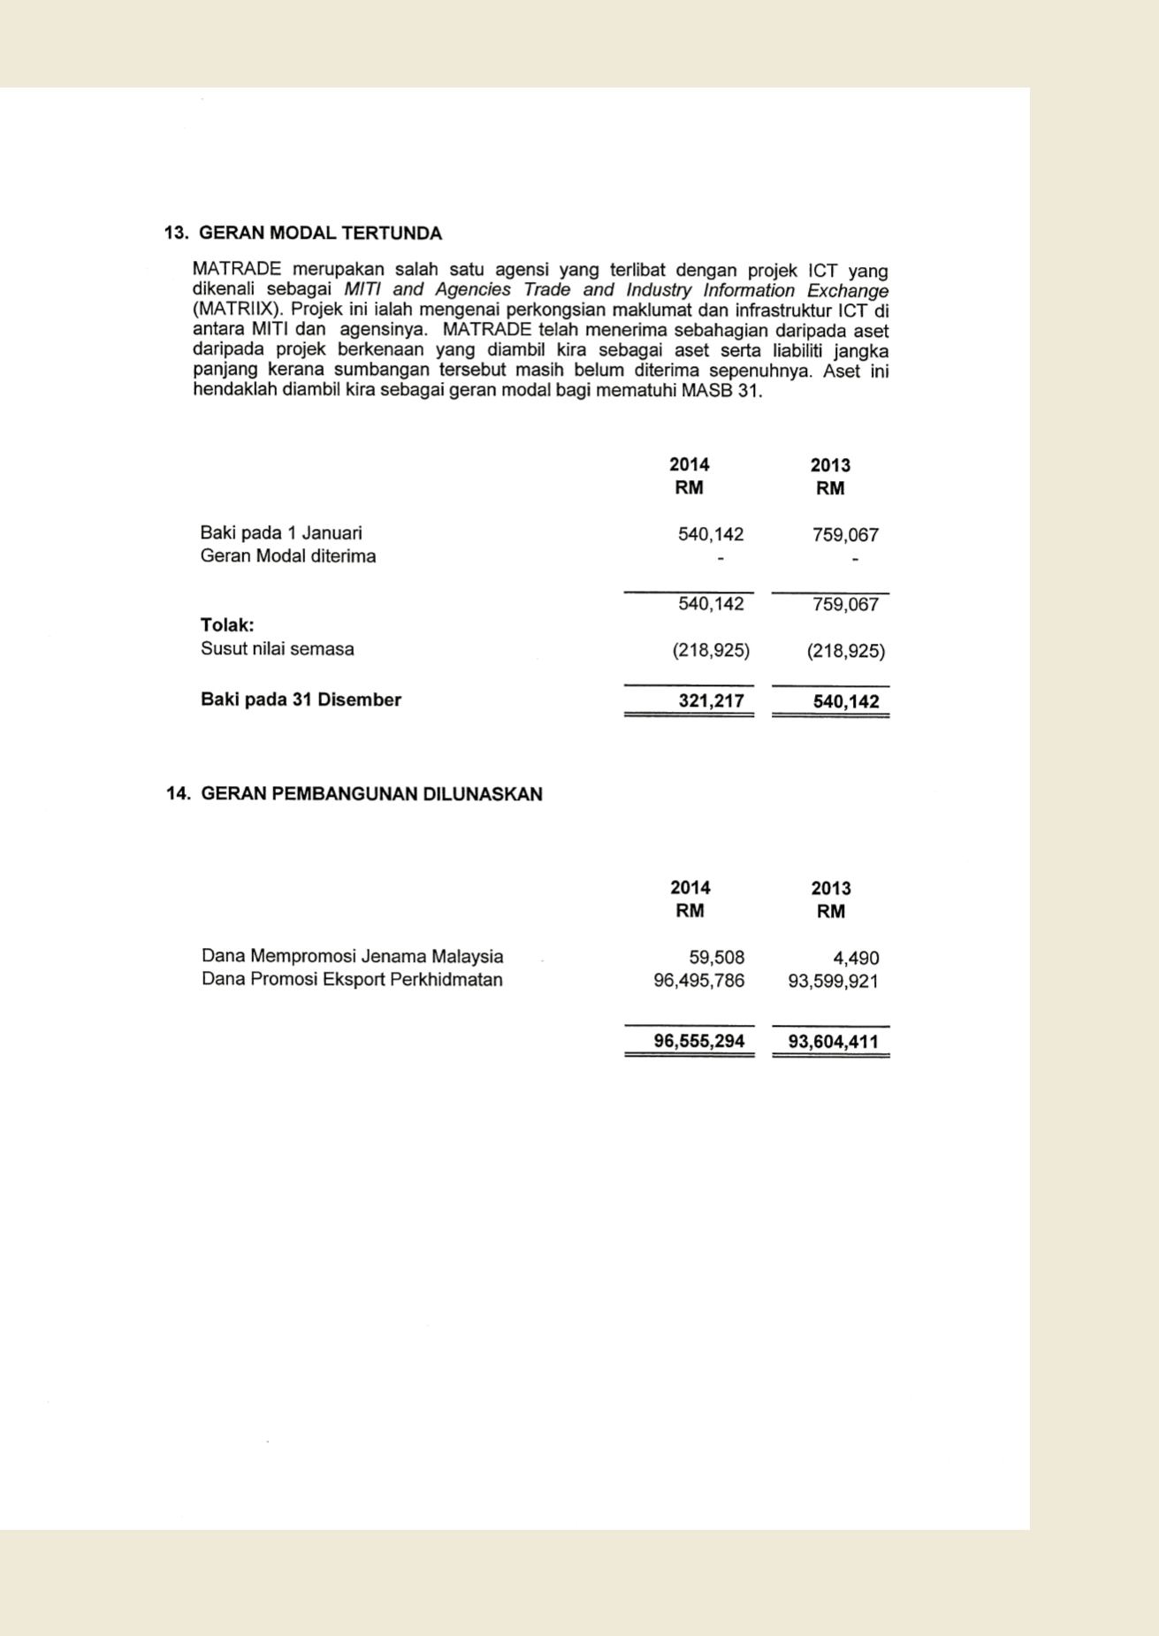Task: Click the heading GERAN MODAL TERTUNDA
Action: point(320,233)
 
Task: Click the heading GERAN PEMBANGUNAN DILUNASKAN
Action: point(371,794)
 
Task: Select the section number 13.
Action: point(176,233)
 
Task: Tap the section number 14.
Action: point(178,794)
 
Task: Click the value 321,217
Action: point(711,701)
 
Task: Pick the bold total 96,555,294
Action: point(698,1041)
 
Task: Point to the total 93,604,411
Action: point(833,1042)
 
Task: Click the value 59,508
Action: point(716,958)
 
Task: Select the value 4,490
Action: point(855,959)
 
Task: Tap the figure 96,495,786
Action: point(698,981)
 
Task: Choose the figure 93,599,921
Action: point(833,982)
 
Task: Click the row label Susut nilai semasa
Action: point(277,649)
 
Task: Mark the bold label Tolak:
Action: point(227,625)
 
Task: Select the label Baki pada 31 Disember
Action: point(301,700)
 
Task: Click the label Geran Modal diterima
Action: point(287,556)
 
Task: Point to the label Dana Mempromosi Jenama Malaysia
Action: point(352,956)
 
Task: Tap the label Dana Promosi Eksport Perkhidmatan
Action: point(352,980)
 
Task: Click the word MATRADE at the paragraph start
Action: point(237,269)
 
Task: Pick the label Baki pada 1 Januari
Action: point(280,533)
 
